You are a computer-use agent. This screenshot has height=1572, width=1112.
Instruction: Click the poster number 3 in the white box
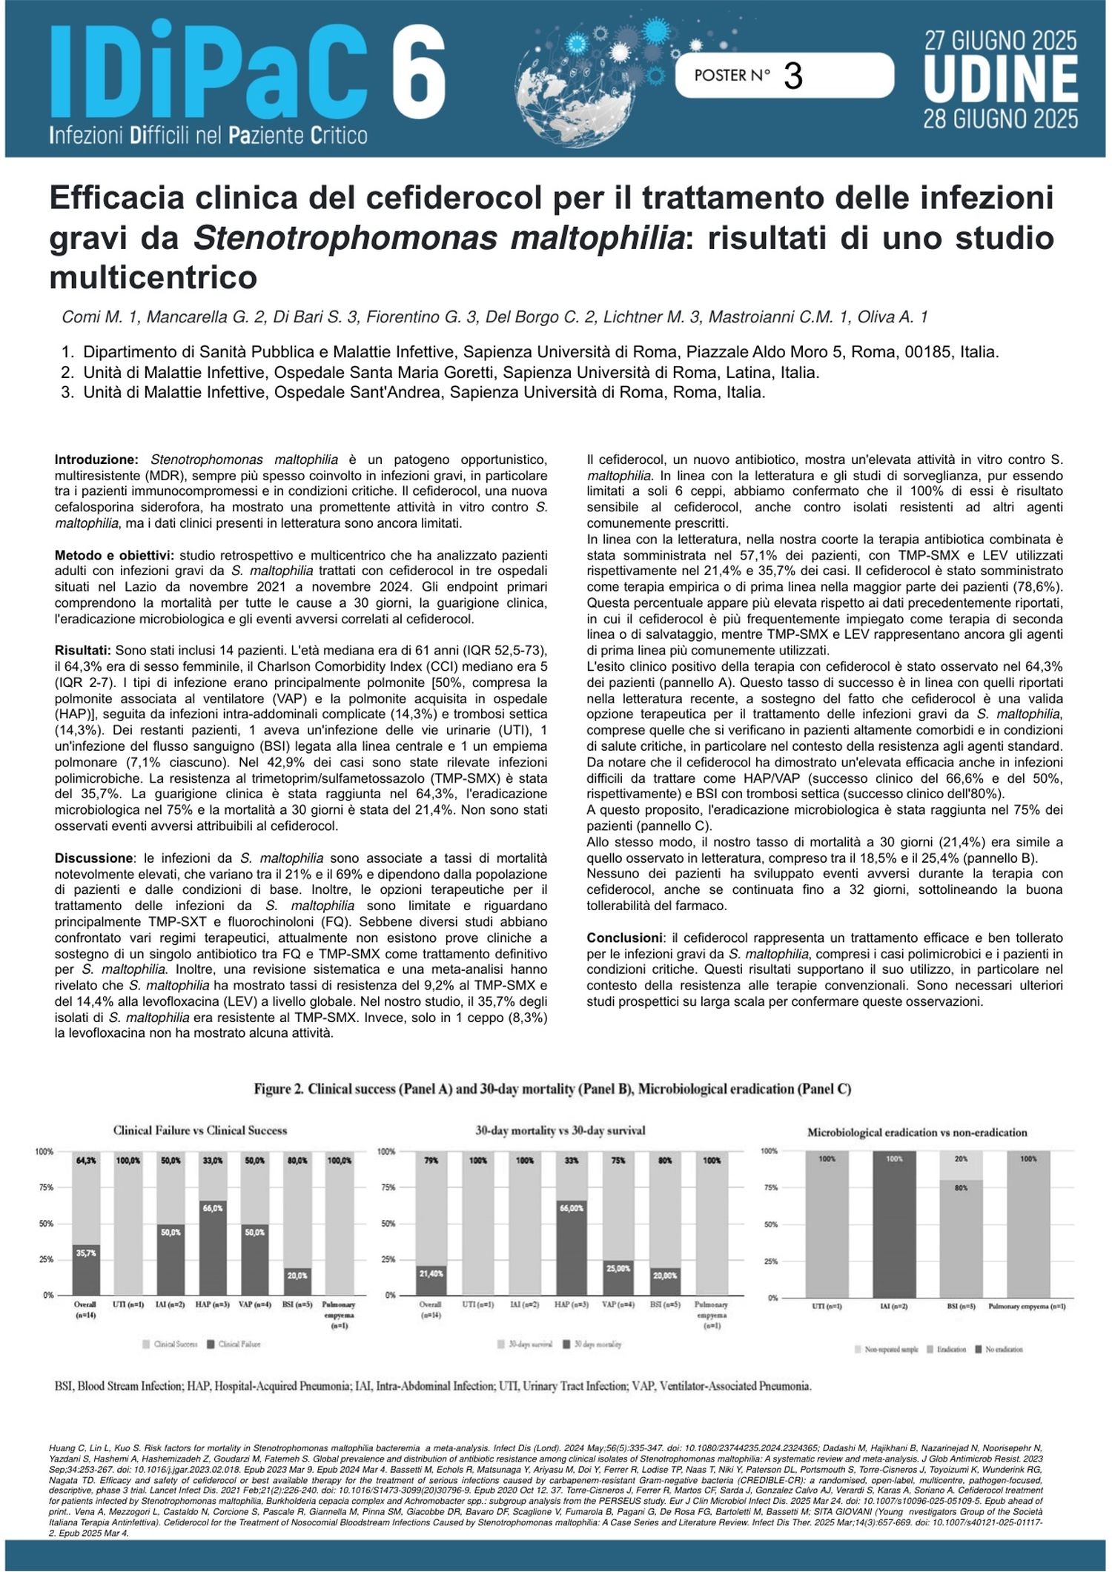coord(792,76)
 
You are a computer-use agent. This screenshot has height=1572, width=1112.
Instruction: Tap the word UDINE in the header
coord(1000,81)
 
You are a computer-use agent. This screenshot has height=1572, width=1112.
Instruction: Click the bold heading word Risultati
coord(83,650)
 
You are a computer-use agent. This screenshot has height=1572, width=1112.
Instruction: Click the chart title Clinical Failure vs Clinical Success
coord(200,1130)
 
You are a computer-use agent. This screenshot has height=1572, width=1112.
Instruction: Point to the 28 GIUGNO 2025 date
coord(1000,119)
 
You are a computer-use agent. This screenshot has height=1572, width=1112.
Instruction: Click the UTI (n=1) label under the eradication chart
coord(827,1306)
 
